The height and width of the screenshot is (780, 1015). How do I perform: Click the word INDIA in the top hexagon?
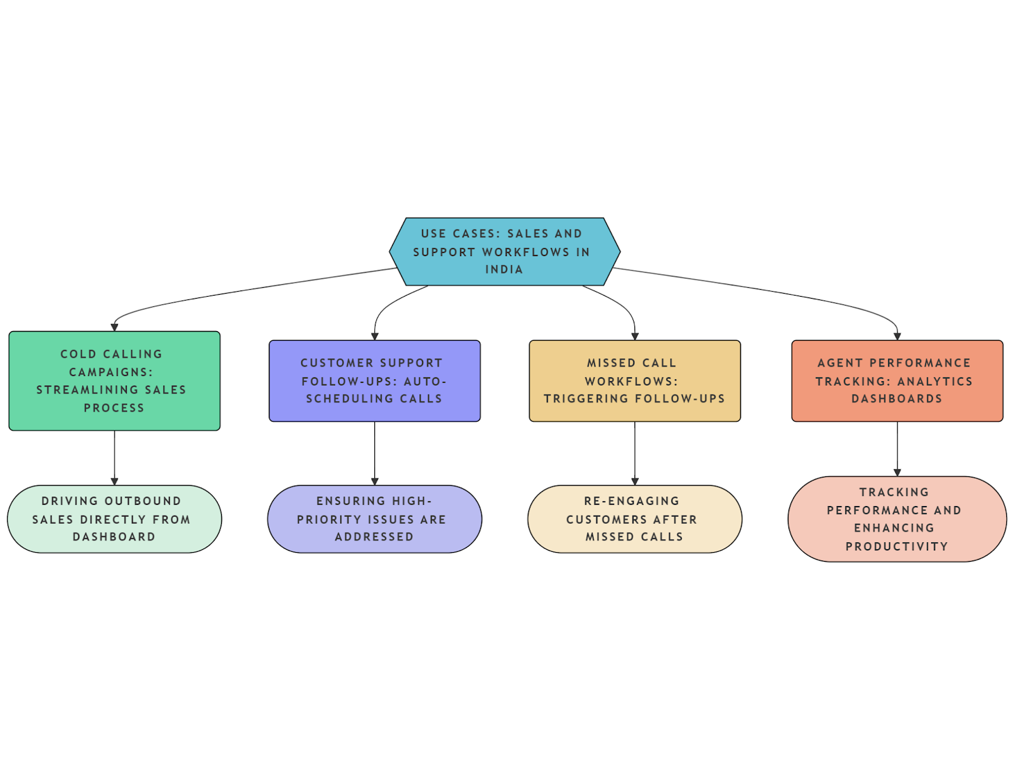tap(504, 270)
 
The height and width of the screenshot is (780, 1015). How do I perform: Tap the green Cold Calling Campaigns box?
tap(114, 380)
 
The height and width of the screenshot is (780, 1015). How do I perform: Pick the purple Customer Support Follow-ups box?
tap(374, 380)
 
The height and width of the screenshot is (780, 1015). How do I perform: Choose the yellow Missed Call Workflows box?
tap(634, 380)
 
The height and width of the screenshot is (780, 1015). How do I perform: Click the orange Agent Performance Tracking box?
tap(897, 380)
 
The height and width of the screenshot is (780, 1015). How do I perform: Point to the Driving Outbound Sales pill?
tap(114, 519)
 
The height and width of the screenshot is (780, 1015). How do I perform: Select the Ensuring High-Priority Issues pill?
tap(374, 519)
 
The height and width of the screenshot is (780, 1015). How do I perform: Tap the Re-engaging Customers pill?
tap(634, 519)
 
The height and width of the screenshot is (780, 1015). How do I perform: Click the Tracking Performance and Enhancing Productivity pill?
tap(897, 519)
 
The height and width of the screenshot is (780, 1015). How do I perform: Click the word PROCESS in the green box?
tap(114, 408)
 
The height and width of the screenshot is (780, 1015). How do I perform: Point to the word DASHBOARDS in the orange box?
tap(897, 399)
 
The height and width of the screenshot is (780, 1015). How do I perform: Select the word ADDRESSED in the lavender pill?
tap(374, 537)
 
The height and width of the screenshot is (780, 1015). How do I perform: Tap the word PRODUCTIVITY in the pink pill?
tap(897, 547)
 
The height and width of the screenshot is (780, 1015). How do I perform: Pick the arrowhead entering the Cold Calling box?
tap(114, 327)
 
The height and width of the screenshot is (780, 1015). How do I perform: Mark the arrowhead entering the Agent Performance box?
tap(897, 336)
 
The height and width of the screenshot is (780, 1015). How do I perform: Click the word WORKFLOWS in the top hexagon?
tap(526, 252)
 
